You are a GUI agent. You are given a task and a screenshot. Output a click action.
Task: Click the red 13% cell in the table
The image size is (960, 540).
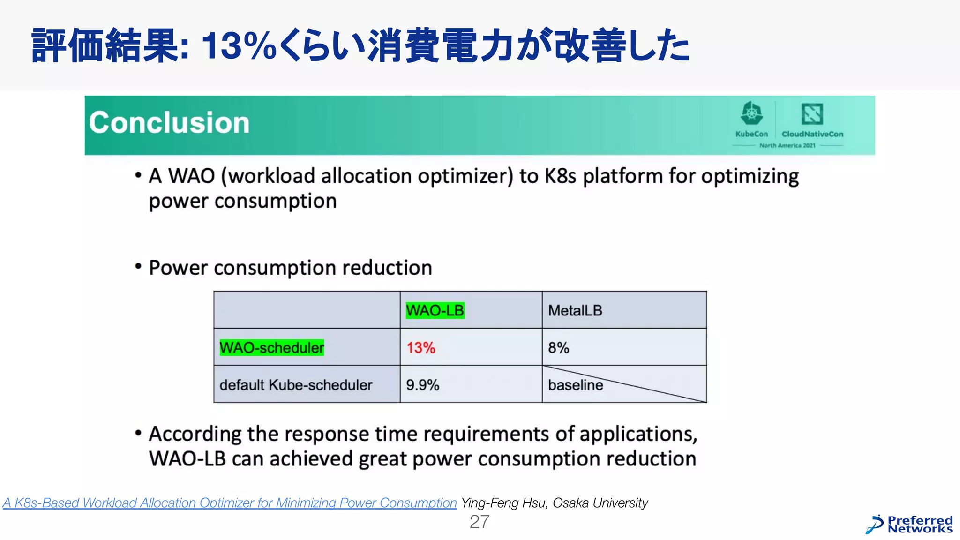[x=420, y=348]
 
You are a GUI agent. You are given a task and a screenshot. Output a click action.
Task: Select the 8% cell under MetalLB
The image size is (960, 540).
[x=558, y=348]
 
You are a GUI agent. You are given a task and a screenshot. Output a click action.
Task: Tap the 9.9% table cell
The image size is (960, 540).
[x=422, y=385]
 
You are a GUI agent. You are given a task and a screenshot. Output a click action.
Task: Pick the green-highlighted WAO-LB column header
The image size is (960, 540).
[x=435, y=310]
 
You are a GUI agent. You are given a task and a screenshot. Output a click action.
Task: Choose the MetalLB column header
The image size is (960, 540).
[x=575, y=310]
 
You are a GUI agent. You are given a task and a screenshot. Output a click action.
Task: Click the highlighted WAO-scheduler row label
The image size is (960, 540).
[x=271, y=348]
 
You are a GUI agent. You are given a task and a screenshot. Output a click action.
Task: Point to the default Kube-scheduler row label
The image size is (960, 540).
[x=295, y=385]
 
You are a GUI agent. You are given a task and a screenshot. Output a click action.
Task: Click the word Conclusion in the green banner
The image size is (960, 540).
[x=169, y=123]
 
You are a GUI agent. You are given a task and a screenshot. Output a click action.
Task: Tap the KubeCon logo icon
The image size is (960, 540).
[x=751, y=114]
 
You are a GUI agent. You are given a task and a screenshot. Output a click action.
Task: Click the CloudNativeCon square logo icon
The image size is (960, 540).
[x=812, y=114]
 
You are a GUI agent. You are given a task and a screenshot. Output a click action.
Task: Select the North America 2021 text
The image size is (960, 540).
[x=787, y=145]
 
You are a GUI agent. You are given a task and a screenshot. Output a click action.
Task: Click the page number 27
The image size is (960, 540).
[x=479, y=522]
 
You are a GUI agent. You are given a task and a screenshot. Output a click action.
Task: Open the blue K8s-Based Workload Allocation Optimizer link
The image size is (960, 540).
[x=230, y=503]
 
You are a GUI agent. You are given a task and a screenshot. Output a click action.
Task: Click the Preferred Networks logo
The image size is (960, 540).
[x=909, y=525]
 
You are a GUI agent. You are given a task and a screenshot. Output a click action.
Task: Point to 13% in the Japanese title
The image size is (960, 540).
[x=239, y=46]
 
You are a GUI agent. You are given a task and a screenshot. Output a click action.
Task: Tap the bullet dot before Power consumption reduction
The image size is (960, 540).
[x=138, y=267]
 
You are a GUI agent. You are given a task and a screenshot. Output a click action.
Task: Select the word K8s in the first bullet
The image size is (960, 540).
[x=560, y=176]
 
